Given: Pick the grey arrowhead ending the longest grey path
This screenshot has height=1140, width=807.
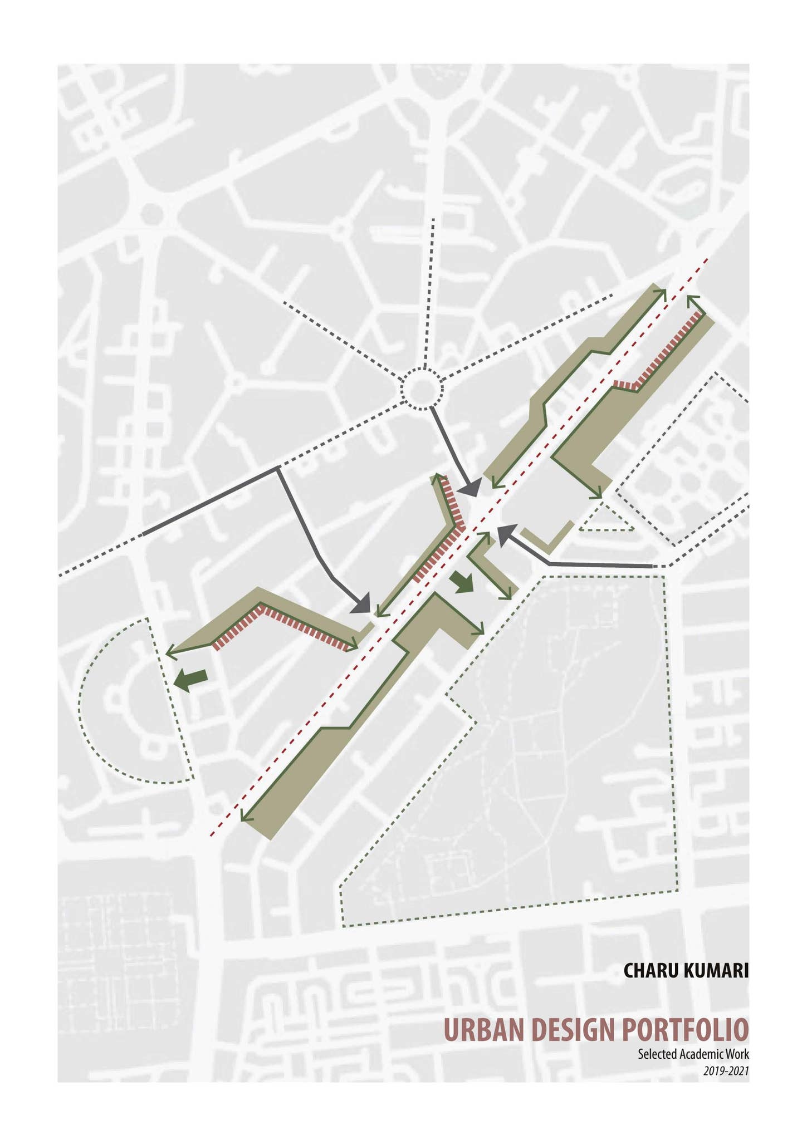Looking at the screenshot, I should (x=362, y=604).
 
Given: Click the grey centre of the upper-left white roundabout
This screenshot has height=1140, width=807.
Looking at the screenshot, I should (x=151, y=212).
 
